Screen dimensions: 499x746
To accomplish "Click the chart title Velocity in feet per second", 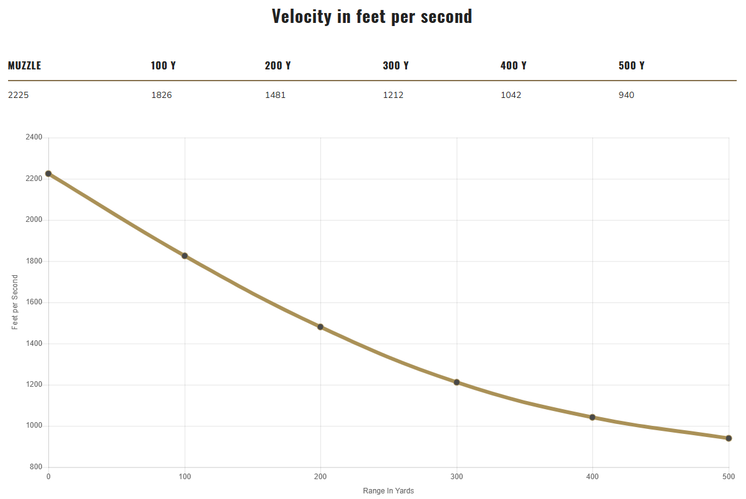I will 372,16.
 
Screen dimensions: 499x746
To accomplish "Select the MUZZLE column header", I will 25,66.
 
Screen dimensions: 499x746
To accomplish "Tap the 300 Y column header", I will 395,66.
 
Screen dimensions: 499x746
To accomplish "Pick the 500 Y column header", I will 631,66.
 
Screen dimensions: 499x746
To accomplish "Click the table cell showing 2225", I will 18,95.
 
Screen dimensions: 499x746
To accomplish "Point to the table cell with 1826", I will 161,95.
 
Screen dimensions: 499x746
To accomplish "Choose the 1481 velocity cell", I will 275,95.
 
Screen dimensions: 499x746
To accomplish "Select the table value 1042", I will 511,95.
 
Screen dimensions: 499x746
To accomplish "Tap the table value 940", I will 626,95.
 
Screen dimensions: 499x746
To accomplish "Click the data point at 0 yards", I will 48,174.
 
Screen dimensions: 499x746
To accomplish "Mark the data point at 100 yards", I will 185,256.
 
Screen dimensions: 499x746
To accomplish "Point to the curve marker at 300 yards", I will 457,382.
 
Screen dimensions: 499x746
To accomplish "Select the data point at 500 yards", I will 729,438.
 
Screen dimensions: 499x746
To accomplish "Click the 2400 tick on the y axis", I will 33,138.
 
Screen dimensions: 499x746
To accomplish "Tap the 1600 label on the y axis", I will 33,302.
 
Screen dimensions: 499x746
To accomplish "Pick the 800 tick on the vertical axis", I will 35,467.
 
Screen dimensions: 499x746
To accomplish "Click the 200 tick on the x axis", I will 320,477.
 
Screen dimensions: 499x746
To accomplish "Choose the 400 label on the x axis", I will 592,477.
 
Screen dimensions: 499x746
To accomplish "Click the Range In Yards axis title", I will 388,491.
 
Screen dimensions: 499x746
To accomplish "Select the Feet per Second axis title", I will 15,302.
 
